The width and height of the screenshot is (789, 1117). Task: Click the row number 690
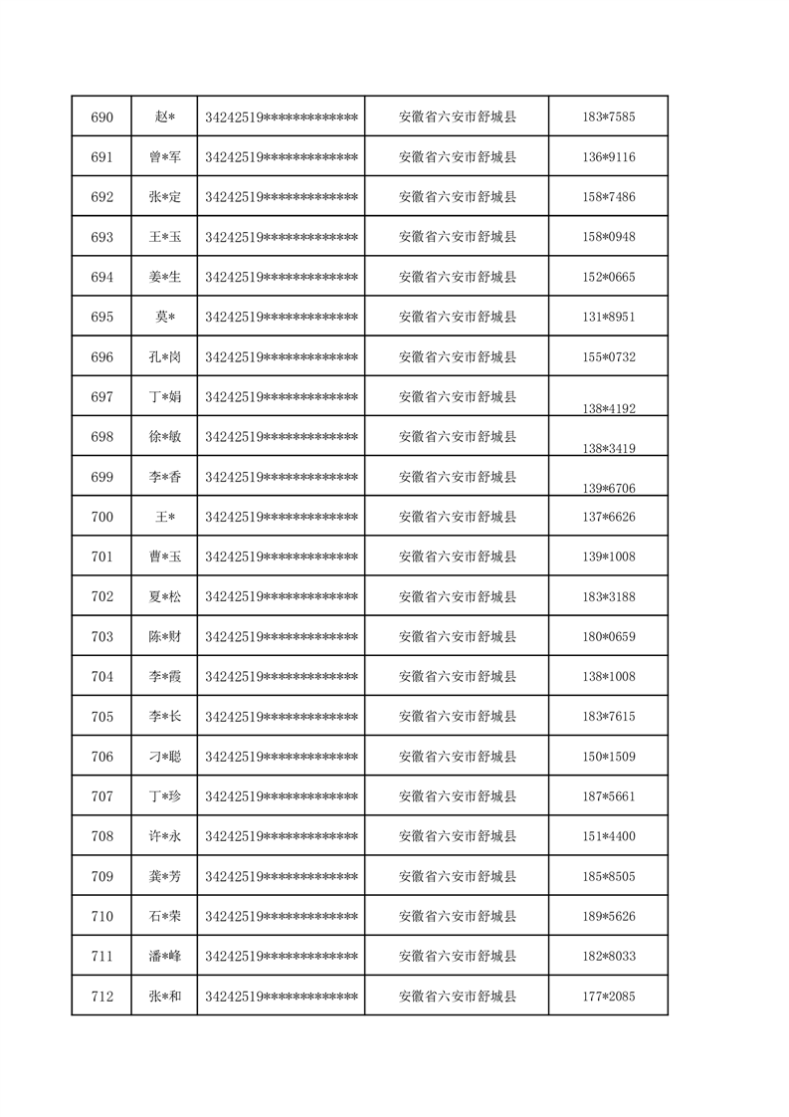101,117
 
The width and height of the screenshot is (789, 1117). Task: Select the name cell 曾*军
164,157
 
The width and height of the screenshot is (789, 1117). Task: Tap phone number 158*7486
609,197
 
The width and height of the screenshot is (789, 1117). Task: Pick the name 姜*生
164,277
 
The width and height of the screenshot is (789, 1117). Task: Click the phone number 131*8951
609,317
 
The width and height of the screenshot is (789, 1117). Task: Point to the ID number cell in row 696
281,356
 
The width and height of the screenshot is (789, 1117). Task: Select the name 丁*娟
164,397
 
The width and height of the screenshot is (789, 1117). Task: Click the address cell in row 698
457,437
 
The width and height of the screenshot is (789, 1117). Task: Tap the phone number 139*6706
609,488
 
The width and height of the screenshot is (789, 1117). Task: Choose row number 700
101,517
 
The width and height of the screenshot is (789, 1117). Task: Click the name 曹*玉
164,557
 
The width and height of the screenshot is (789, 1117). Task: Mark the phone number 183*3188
609,596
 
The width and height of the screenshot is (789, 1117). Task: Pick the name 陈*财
164,636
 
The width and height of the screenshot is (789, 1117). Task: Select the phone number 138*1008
609,677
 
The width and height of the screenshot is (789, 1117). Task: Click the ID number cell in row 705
281,717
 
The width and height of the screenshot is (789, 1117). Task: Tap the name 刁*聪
164,757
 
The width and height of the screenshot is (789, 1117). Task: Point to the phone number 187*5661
609,796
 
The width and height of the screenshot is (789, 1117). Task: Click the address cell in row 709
457,876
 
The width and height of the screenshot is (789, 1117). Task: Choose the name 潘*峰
164,957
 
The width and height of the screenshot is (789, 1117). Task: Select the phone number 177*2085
609,997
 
